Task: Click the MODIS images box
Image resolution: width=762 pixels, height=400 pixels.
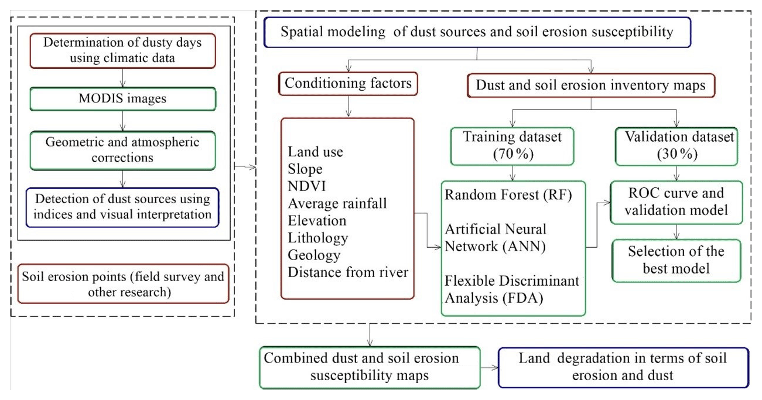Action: [122, 98]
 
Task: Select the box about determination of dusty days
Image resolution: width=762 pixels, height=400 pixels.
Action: [122, 50]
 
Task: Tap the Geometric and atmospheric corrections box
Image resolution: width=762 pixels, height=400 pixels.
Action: [122, 150]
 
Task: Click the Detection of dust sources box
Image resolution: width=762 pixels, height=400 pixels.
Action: [122, 207]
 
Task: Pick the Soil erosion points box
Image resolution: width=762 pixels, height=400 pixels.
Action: [123, 284]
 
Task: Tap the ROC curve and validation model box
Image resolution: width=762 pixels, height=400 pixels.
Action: [677, 201]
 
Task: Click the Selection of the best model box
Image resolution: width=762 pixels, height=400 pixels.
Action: [677, 259]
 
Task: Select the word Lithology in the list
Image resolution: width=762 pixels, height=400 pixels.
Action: [317, 238]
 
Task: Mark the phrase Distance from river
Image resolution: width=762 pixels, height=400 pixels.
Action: [348, 272]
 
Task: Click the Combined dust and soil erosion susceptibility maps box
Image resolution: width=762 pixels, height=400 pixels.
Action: [370, 367]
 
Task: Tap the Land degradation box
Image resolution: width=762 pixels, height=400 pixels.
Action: [623, 367]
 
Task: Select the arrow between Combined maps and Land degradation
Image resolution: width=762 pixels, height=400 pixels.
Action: [489, 367]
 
